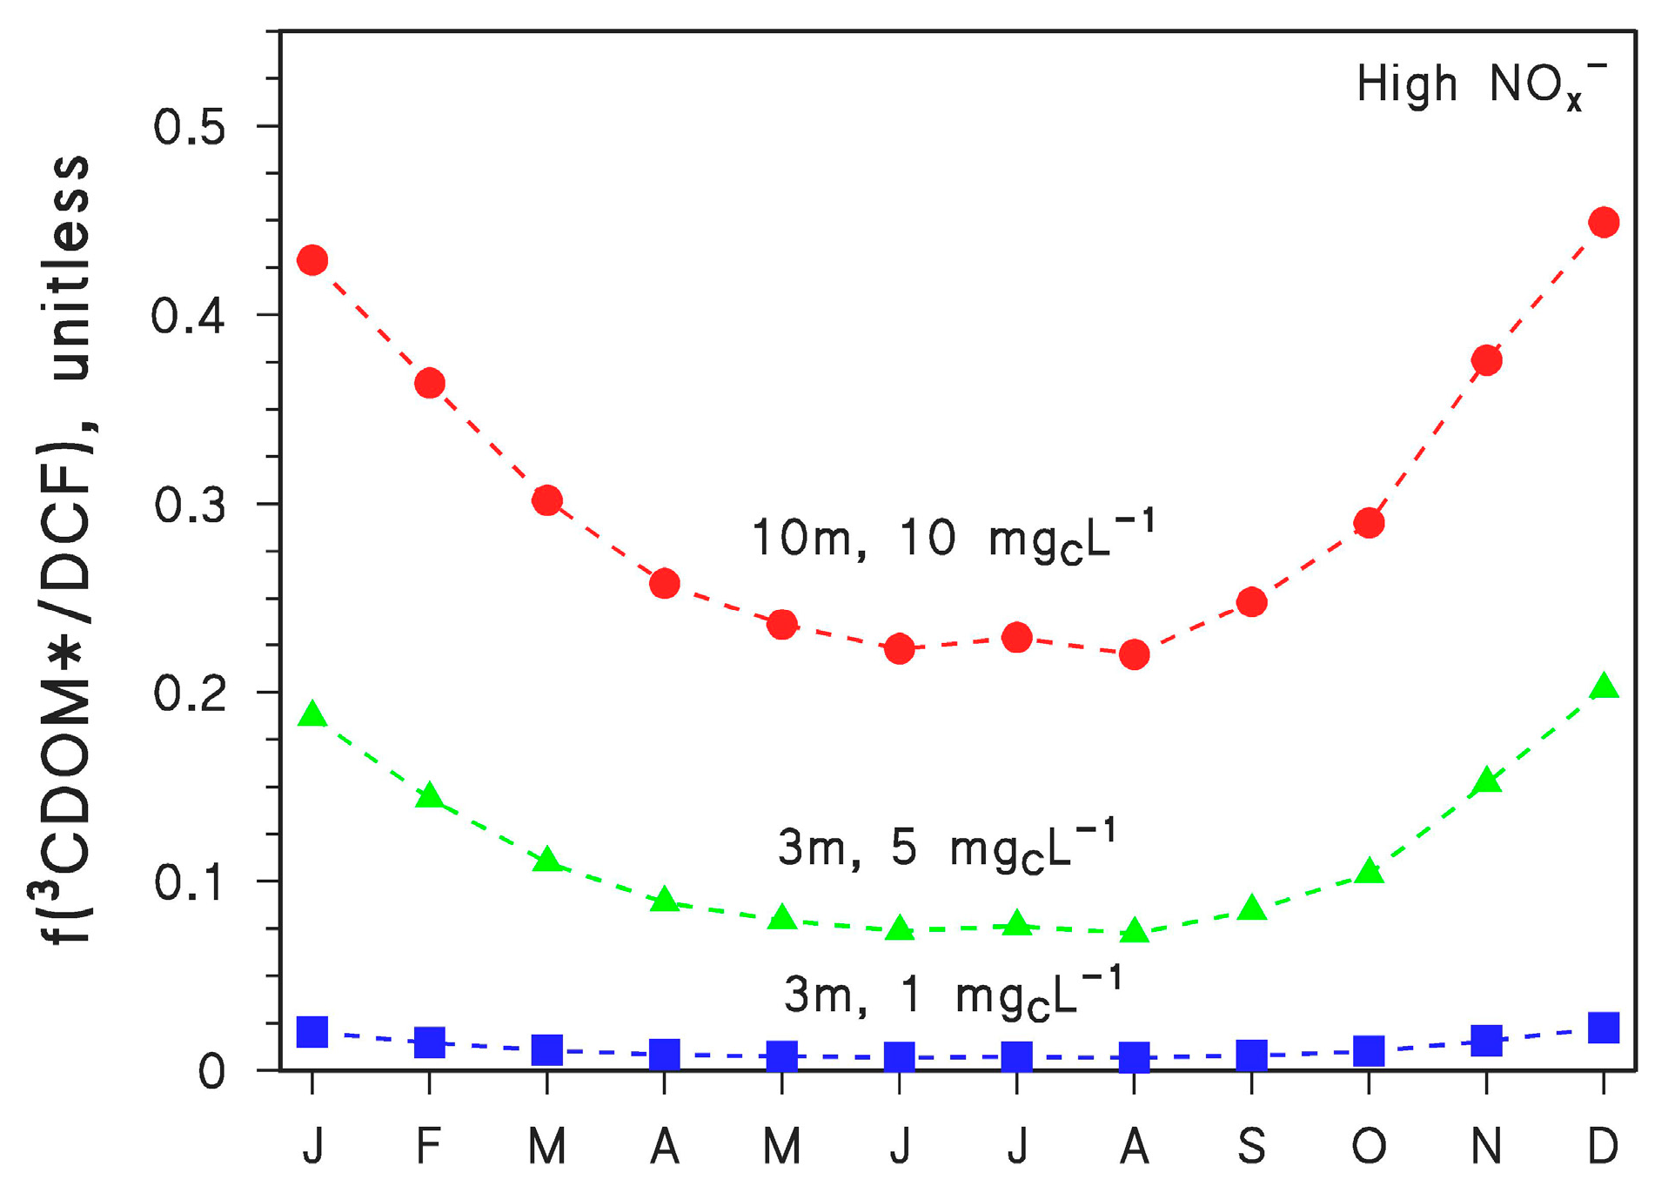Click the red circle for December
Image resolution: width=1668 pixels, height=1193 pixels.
(1603, 222)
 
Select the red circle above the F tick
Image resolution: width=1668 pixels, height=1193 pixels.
(429, 383)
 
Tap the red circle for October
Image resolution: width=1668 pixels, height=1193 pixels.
(1369, 523)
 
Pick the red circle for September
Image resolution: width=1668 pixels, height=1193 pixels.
(1251, 601)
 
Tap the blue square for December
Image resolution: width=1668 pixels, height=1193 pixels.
(1603, 1028)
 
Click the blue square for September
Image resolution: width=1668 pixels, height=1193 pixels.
(1251, 1055)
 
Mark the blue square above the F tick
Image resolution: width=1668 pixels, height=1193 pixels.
(429, 1042)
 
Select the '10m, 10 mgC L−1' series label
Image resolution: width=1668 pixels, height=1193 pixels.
(953, 538)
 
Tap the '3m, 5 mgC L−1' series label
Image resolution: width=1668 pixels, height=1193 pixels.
(946, 847)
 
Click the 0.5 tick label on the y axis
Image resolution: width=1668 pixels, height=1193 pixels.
(189, 127)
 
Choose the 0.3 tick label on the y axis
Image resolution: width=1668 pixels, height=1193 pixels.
(189, 506)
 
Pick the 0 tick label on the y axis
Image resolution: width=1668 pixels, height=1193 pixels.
(211, 1072)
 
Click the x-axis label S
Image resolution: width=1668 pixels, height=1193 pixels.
(1251, 1146)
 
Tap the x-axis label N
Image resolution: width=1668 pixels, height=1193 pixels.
(1486, 1146)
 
